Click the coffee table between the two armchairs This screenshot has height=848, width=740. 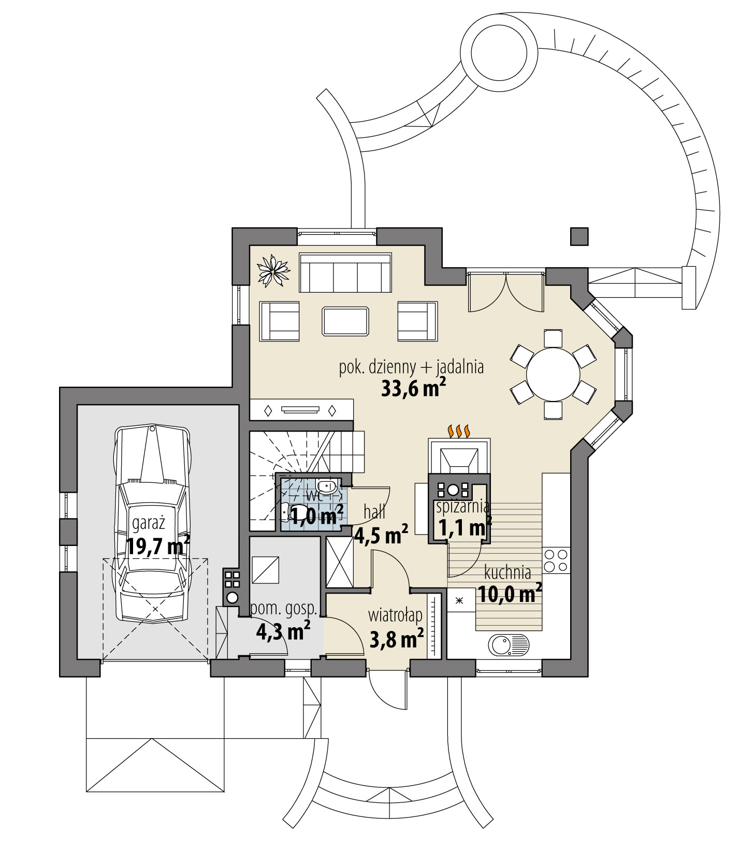[345, 321]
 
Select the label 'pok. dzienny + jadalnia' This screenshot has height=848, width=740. [411, 367]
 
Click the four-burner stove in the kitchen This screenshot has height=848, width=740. [556, 560]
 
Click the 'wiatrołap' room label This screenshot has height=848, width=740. [396, 615]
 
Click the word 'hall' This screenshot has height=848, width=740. [374, 513]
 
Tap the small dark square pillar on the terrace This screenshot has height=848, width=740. [579, 236]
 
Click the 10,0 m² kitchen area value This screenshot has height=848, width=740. [510, 594]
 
